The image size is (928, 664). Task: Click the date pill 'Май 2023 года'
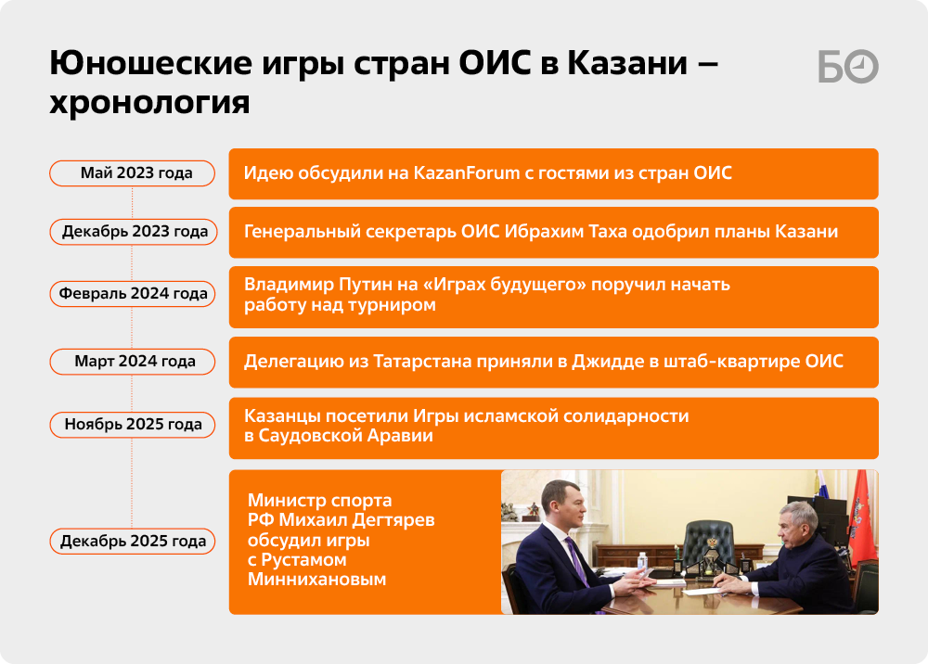(132, 173)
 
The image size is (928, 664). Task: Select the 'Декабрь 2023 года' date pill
(134, 232)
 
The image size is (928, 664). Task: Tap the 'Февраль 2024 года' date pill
(133, 294)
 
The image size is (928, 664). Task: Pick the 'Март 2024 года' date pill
(133, 362)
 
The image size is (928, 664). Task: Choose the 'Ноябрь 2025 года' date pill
(133, 425)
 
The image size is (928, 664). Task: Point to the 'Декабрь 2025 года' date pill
(133, 541)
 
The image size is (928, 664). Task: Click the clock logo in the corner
(862, 66)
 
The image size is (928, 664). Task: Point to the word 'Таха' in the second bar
(607, 231)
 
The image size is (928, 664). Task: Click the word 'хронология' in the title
(149, 102)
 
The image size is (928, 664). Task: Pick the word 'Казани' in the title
(627, 63)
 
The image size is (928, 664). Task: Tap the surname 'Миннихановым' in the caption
(316, 579)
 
